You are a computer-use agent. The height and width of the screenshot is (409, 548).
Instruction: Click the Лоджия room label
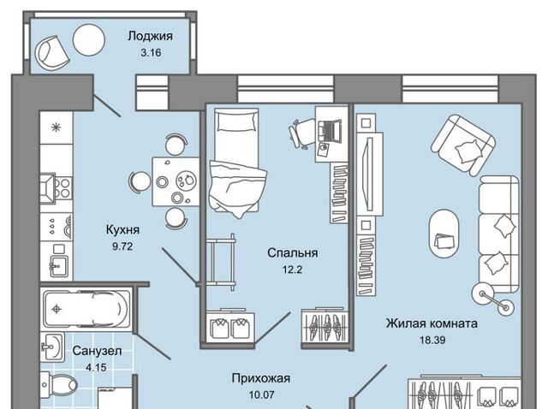pyautogui.click(x=150, y=36)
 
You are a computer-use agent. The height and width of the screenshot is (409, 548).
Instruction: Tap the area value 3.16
pyautogui.click(x=150, y=52)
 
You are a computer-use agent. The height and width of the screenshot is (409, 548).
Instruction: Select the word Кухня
pyautogui.click(x=123, y=230)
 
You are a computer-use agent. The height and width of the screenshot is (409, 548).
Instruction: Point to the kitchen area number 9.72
pyautogui.click(x=123, y=246)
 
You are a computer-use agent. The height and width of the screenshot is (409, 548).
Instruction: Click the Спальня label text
pyautogui.click(x=293, y=253)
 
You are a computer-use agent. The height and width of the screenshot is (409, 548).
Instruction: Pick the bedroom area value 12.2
pyautogui.click(x=293, y=270)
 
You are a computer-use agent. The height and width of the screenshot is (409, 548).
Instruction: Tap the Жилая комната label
pyautogui.click(x=431, y=323)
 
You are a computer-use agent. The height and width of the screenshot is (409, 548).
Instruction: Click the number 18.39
pyautogui.click(x=431, y=340)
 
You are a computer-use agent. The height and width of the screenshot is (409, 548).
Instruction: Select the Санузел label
pyautogui.click(x=97, y=351)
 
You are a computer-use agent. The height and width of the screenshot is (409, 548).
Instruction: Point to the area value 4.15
pyautogui.click(x=97, y=367)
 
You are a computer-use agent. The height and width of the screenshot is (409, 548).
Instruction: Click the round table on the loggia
pyautogui.click(x=88, y=40)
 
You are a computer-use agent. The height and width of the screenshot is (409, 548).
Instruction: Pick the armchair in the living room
pyautogui.click(x=463, y=143)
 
